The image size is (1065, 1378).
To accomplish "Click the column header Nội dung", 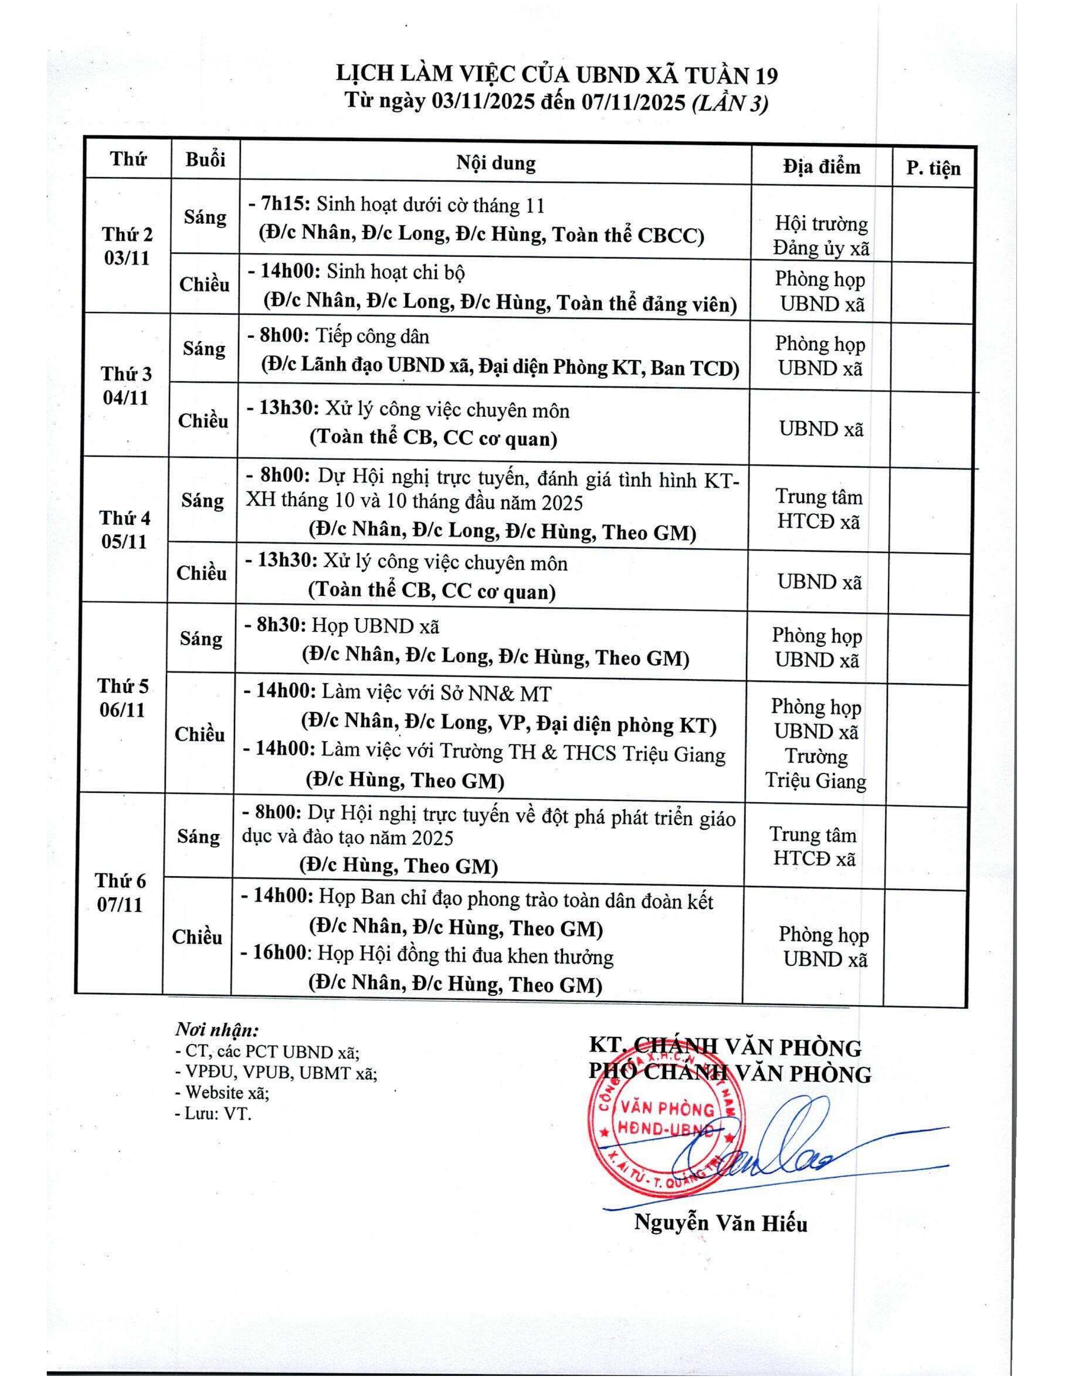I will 496,163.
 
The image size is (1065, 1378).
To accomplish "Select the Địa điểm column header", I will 822,167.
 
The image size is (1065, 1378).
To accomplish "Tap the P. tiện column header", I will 933,168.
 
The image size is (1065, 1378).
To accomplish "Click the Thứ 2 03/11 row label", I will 127,246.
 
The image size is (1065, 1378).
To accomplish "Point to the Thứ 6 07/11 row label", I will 120,892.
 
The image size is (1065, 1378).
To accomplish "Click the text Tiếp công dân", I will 373,336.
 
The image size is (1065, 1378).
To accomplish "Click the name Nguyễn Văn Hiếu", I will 720,1223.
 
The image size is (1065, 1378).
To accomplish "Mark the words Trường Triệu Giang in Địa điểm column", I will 816,768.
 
